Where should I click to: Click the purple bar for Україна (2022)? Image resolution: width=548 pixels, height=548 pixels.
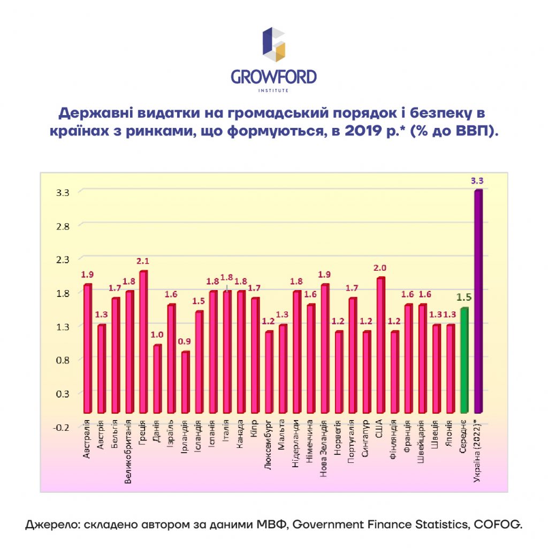tap(478, 301)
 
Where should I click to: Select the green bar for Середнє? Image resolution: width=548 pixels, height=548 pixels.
tap(465, 360)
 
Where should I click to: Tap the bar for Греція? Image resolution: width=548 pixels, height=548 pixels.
tap(143, 341)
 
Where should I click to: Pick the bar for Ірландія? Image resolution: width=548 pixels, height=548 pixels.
tap(185, 382)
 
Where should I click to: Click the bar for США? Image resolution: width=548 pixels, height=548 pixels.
tap(380, 345)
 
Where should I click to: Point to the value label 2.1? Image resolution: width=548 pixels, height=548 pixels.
tap(142, 261)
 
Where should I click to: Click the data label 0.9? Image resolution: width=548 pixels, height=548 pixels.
tap(185, 341)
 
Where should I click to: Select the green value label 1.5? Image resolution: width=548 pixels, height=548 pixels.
tap(464, 298)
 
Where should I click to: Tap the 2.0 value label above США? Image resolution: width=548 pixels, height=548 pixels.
tap(380, 268)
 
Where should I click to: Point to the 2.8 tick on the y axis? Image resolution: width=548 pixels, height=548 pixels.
tap(63, 226)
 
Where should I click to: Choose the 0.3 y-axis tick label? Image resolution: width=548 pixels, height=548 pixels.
tap(63, 394)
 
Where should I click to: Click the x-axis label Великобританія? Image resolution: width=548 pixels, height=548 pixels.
tap(128, 452)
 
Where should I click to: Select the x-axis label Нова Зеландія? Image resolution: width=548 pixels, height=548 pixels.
tap(323, 449)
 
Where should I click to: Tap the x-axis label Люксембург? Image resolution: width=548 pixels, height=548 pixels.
tap(268, 445)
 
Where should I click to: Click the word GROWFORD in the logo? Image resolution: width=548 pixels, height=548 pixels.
tap(273, 77)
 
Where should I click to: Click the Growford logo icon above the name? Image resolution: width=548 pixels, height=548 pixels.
tap(273, 44)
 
